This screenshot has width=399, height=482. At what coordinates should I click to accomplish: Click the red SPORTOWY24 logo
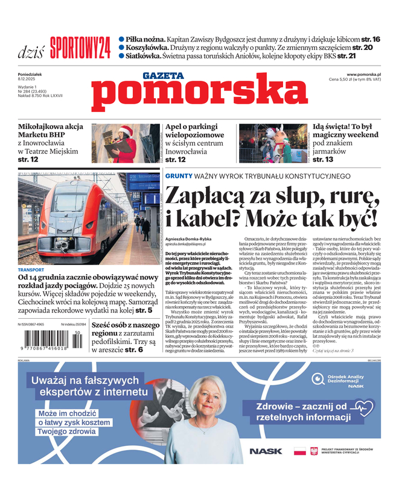click(x=80, y=48)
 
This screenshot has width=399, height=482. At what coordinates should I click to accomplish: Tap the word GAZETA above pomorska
click(x=163, y=76)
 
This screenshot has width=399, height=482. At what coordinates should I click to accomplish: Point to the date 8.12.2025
click(x=27, y=79)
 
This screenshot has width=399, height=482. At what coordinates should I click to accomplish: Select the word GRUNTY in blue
click(x=179, y=176)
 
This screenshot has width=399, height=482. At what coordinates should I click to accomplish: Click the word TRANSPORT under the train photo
click(x=31, y=270)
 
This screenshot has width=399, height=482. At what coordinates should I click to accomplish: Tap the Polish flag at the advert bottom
click(x=299, y=451)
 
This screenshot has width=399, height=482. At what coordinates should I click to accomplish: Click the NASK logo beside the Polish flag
click(x=266, y=451)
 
